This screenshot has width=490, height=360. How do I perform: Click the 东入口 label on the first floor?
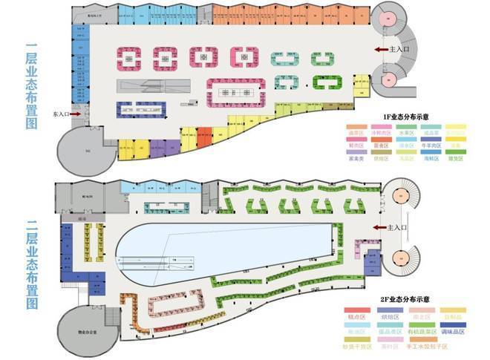click(61, 115)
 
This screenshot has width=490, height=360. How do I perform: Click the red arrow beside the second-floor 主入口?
click(382, 227)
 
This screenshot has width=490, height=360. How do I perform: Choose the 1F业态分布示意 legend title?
click(407, 118)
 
